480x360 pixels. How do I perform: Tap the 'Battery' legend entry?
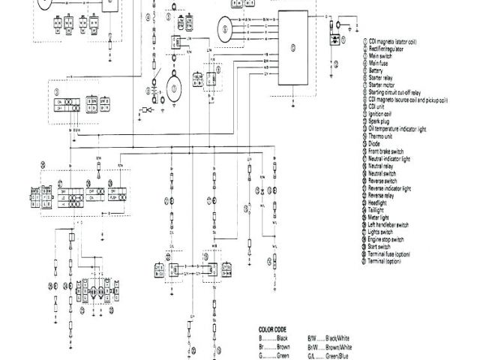[x=377, y=70]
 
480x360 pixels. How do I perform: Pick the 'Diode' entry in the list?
[x=375, y=147]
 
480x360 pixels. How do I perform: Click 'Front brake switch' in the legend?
[x=387, y=154]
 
